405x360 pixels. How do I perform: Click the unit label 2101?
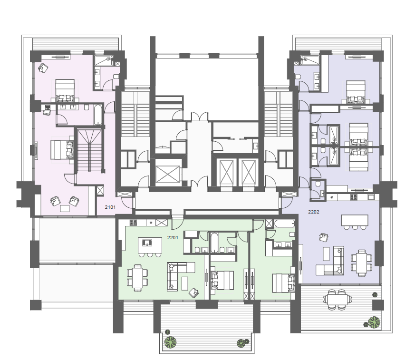[110, 207]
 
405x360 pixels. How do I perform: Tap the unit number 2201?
[173, 237]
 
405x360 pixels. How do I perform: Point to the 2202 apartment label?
[314, 212]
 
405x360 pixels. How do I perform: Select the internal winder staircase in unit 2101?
[89, 150]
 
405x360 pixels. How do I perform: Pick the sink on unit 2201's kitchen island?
[147, 243]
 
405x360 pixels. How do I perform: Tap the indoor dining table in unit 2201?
[137, 278]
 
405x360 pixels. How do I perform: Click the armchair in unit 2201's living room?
[194, 292]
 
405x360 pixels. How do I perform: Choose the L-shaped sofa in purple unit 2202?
[331, 262]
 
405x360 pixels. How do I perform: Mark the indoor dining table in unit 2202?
[362, 263]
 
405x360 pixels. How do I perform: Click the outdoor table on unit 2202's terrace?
[337, 299]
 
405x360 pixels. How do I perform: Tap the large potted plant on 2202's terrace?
[374, 322]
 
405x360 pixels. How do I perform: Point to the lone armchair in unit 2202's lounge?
[323, 237]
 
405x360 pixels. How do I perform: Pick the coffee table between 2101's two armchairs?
[65, 208]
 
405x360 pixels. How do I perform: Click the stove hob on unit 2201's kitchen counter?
[133, 222]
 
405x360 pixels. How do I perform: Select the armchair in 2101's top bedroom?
[43, 68]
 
